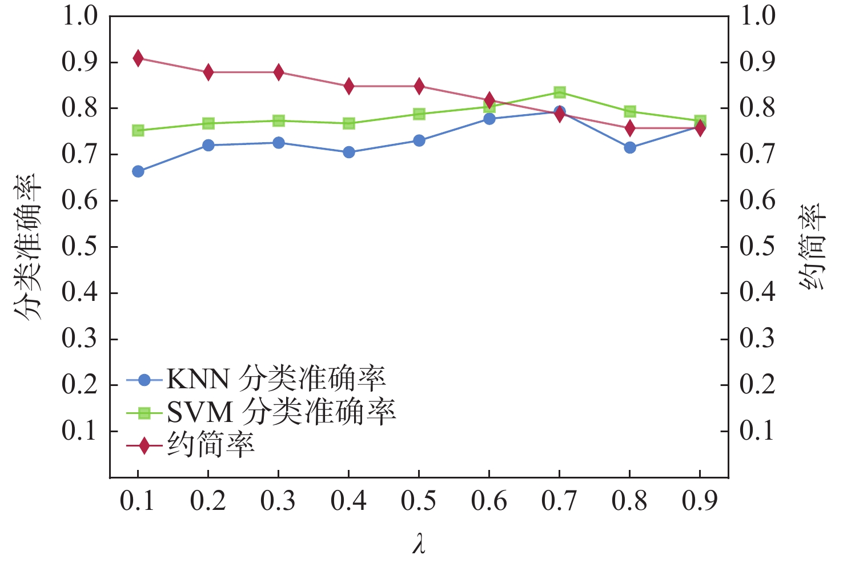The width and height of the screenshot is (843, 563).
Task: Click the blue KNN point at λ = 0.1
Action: (x=138, y=171)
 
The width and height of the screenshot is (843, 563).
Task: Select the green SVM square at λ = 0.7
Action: (x=560, y=93)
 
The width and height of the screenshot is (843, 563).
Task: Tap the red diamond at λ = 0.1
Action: (x=138, y=58)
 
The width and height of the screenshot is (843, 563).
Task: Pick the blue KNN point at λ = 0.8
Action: (x=630, y=148)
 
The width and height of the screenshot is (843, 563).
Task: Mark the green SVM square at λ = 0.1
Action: (x=138, y=131)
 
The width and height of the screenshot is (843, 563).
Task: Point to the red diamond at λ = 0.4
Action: (x=349, y=86)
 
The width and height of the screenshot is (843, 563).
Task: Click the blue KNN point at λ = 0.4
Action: (x=349, y=152)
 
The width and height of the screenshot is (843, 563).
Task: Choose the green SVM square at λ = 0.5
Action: (x=419, y=114)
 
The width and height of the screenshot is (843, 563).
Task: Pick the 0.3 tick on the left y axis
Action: (x=79, y=339)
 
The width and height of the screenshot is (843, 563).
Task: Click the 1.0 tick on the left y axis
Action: (x=79, y=16)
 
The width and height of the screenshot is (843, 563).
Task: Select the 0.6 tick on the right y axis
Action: (x=757, y=200)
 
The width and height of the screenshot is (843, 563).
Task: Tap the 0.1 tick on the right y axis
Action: (x=757, y=431)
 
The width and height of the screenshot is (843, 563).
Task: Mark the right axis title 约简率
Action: (x=812, y=247)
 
